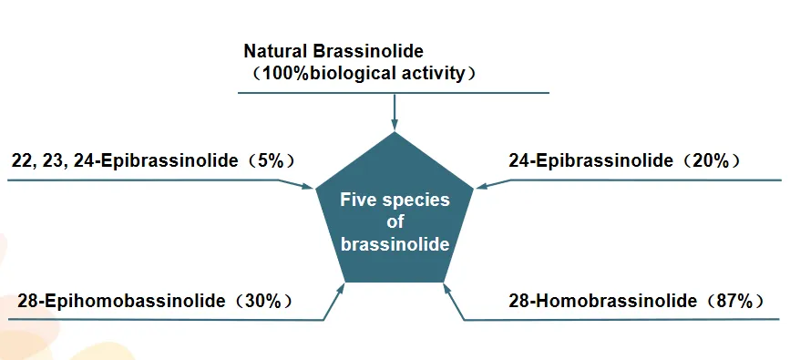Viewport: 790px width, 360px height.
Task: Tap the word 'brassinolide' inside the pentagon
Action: coord(395,244)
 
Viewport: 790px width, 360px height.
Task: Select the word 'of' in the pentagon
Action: coord(395,222)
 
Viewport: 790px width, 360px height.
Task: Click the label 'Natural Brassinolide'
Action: coord(333,51)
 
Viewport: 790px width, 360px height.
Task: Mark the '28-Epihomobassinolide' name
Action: coord(121,301)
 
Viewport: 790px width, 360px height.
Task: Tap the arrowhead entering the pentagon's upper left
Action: coord(308,186)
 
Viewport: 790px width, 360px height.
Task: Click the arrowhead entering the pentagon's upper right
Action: coord(480,186)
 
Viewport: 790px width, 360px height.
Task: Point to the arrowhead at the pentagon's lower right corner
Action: coord(446,288)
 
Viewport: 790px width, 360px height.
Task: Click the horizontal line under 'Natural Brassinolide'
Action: coord(395,92)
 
